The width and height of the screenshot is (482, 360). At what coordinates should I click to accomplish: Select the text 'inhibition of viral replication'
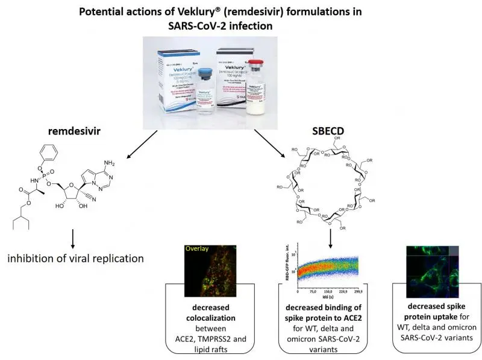tap(75, 259)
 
